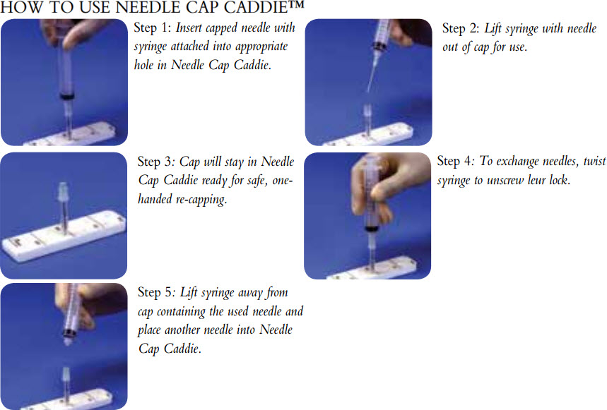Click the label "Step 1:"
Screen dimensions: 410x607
click(153, 29)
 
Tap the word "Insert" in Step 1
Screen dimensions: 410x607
click(192, 29)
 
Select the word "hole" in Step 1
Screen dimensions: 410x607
click(146, 66)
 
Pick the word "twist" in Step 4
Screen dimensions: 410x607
click(593, 162)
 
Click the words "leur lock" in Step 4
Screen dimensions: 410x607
click(547, 180)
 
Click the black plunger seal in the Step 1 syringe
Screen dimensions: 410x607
click(69, 94)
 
